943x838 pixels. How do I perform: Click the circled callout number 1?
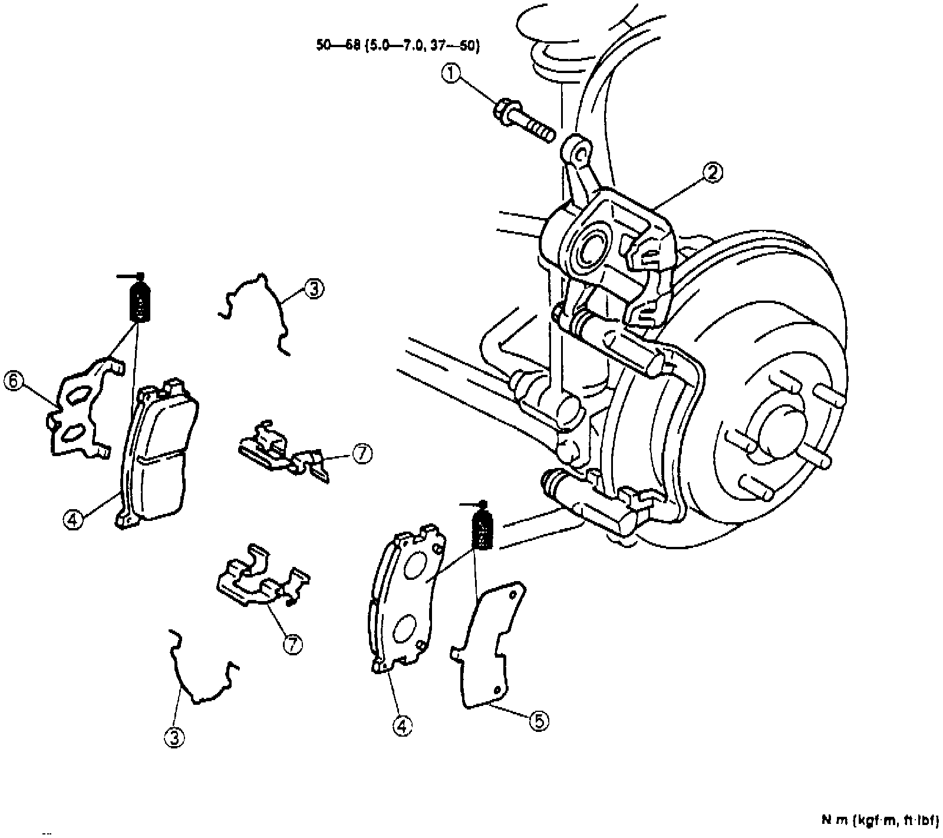coord(451,75)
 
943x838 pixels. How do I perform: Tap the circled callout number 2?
coord(712,173)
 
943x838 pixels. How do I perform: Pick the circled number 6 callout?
coord(14,381)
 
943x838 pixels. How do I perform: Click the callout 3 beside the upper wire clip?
coord(314,289)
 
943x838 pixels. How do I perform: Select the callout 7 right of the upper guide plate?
coord(362,454)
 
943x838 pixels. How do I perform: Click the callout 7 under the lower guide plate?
coord(292,645)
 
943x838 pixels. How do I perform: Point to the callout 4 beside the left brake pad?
coord(72,520)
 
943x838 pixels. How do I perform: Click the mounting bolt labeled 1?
coord(523,120)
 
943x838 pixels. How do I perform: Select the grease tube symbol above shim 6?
coord(139,299)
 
